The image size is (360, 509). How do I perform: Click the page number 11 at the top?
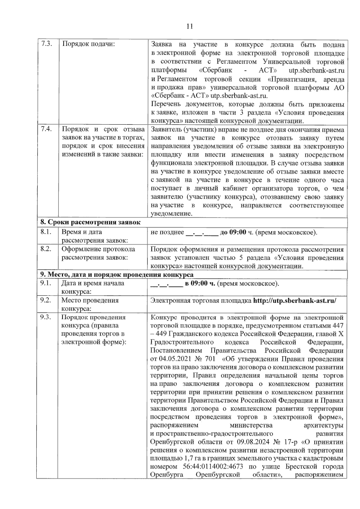189,26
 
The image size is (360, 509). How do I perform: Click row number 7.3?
46,44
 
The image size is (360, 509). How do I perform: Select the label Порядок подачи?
88,44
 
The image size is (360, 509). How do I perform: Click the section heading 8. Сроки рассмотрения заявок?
90,222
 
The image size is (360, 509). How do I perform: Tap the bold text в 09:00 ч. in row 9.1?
200,283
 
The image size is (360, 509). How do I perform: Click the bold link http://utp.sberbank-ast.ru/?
295,300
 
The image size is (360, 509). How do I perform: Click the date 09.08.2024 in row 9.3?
251,442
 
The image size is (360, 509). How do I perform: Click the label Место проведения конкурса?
90,304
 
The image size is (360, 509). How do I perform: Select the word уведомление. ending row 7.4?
171,214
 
